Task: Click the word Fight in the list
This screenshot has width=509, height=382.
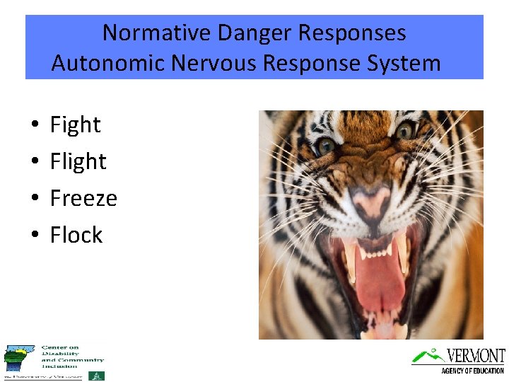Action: coord(75,125)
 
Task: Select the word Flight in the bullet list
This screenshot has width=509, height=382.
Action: coord(78,162)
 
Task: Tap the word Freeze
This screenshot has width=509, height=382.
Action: coord(83,199)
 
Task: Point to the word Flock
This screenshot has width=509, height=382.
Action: coord(76,236)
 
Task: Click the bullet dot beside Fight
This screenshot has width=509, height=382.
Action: coord(35,127)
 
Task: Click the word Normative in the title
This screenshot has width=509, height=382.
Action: coord(157,33)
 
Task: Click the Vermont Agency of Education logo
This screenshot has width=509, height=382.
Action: coord(459,360)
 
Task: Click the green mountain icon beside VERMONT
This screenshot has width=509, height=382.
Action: coord(428,355)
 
